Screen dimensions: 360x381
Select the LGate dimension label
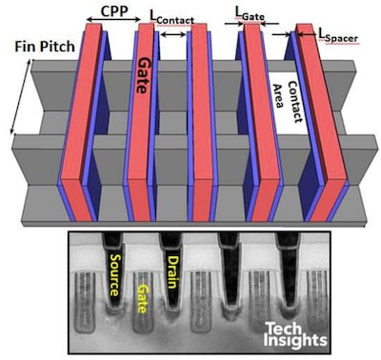point(251,10)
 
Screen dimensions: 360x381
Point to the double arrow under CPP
point(115,22)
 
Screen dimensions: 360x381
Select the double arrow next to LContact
point(172,35)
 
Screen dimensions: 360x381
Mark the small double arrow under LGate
point(251,24)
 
